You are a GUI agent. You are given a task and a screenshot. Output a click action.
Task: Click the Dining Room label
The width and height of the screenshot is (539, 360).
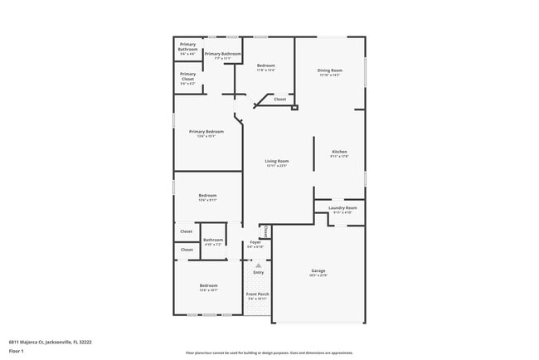(329, 70)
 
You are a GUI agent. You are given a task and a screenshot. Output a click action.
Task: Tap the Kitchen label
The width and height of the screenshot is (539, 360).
(339, 152)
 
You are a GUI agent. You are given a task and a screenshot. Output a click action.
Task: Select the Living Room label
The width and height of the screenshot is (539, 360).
(276, 161)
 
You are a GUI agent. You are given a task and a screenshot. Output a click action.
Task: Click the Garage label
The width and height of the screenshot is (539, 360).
(318, 270)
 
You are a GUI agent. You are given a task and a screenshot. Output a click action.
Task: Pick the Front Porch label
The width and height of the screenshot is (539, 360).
(258, 294)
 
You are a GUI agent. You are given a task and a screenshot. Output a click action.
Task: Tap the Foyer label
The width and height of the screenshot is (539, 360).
(255, 242)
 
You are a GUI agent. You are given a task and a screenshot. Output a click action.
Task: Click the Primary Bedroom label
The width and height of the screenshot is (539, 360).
(206, 131)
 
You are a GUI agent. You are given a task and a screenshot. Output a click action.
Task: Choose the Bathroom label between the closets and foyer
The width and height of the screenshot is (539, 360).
(213, 240)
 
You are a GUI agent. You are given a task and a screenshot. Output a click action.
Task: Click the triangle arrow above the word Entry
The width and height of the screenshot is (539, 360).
(258, 265)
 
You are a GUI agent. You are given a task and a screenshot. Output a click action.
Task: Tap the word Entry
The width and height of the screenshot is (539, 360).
(258, 272)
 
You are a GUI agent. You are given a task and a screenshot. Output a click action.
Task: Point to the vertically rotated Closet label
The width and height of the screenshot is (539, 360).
(265, 232)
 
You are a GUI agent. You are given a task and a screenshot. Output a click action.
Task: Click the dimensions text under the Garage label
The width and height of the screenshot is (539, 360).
(318, 275)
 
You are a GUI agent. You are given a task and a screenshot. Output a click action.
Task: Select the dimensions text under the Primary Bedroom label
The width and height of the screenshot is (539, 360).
(206, 136)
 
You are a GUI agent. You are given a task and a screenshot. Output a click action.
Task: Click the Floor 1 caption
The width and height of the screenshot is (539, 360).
(17, 351)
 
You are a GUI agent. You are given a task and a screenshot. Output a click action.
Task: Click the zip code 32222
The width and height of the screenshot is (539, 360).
(85, 342)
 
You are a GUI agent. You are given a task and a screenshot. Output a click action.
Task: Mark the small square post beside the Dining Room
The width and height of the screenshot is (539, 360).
(294, 106)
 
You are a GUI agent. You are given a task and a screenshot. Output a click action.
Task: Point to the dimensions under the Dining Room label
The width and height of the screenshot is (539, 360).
(329, 75)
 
